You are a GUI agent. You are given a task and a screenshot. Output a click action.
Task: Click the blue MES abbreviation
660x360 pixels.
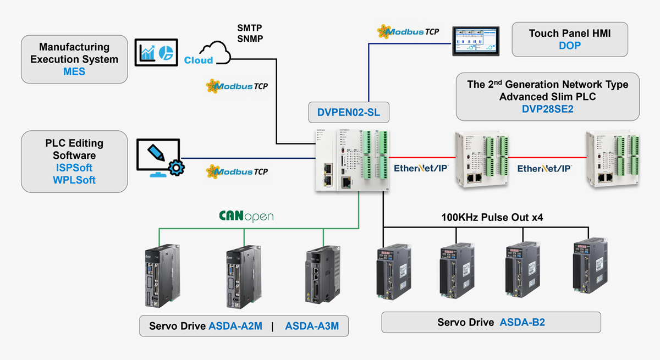pos(74,71)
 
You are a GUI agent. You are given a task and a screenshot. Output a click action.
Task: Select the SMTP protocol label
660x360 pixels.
pos(250,28)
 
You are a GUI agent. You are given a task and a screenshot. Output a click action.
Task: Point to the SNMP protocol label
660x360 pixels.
pos(250,38)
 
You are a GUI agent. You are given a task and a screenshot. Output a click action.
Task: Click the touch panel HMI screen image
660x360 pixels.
pos(477,40)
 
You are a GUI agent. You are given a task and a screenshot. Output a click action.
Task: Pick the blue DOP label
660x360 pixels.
pos(569,46)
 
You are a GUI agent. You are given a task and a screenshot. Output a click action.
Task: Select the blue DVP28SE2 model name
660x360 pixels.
pos(547,109)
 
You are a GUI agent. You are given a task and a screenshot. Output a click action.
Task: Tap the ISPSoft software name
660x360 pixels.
pos(74,168)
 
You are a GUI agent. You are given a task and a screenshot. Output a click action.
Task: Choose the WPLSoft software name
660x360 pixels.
pos(74,180)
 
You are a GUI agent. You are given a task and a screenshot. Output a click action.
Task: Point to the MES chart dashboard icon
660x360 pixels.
pos(156,52)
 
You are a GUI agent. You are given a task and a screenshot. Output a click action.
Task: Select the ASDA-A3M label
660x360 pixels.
pos(312,326)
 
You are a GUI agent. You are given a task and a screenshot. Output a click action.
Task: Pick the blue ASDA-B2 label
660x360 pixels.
pos(522,322)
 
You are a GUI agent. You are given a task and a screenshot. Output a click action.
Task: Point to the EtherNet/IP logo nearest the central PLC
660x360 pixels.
pos(421,169)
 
